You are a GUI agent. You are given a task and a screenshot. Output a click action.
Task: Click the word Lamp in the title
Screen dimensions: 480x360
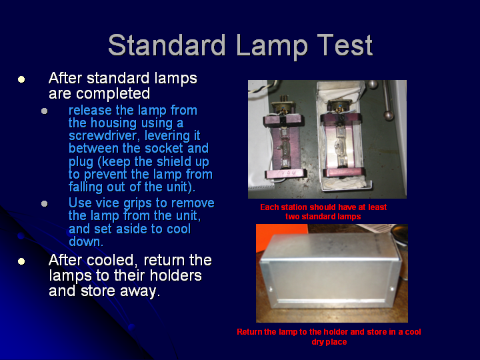(x=272, y=46)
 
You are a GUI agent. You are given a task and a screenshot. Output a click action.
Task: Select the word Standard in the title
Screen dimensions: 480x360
(x=167, y=45)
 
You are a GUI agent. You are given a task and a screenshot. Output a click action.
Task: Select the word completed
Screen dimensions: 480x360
(x=113, y=94)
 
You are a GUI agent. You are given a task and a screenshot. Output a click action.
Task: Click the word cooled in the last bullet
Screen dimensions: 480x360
(x=110, y=261)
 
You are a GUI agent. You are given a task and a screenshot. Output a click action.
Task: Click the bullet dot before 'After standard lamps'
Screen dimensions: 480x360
(x=21, y=79)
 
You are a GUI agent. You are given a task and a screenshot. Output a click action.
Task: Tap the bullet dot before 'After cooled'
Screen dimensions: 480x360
(x=21, y=261)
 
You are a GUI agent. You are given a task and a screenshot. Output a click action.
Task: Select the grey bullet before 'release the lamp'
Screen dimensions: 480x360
(x=45, y=111)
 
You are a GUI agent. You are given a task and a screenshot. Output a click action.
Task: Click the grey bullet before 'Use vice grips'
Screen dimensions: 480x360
(x=45, y=203)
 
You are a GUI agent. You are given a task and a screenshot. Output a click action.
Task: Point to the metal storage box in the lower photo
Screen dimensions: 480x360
(x=330, y=271)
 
